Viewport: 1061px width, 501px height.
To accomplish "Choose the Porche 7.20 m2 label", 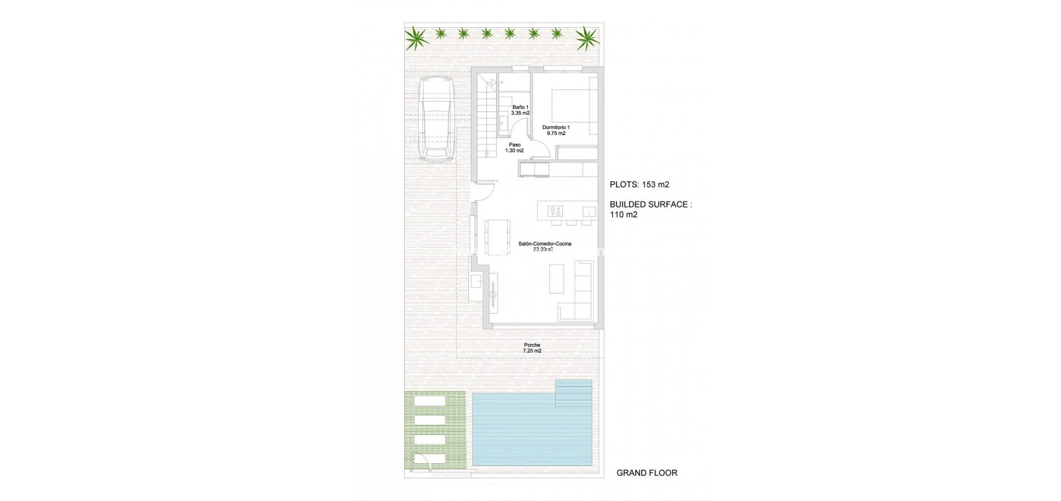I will coord(532,348).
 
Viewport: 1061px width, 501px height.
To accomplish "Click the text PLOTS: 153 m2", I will coord(639,185).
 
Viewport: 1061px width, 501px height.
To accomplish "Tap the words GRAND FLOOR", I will coord(646,473).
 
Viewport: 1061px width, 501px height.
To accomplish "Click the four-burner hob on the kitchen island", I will coord(555,211).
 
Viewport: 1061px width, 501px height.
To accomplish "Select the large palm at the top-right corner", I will coord(588,38).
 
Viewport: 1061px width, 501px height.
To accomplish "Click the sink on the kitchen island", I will coord(588,211).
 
